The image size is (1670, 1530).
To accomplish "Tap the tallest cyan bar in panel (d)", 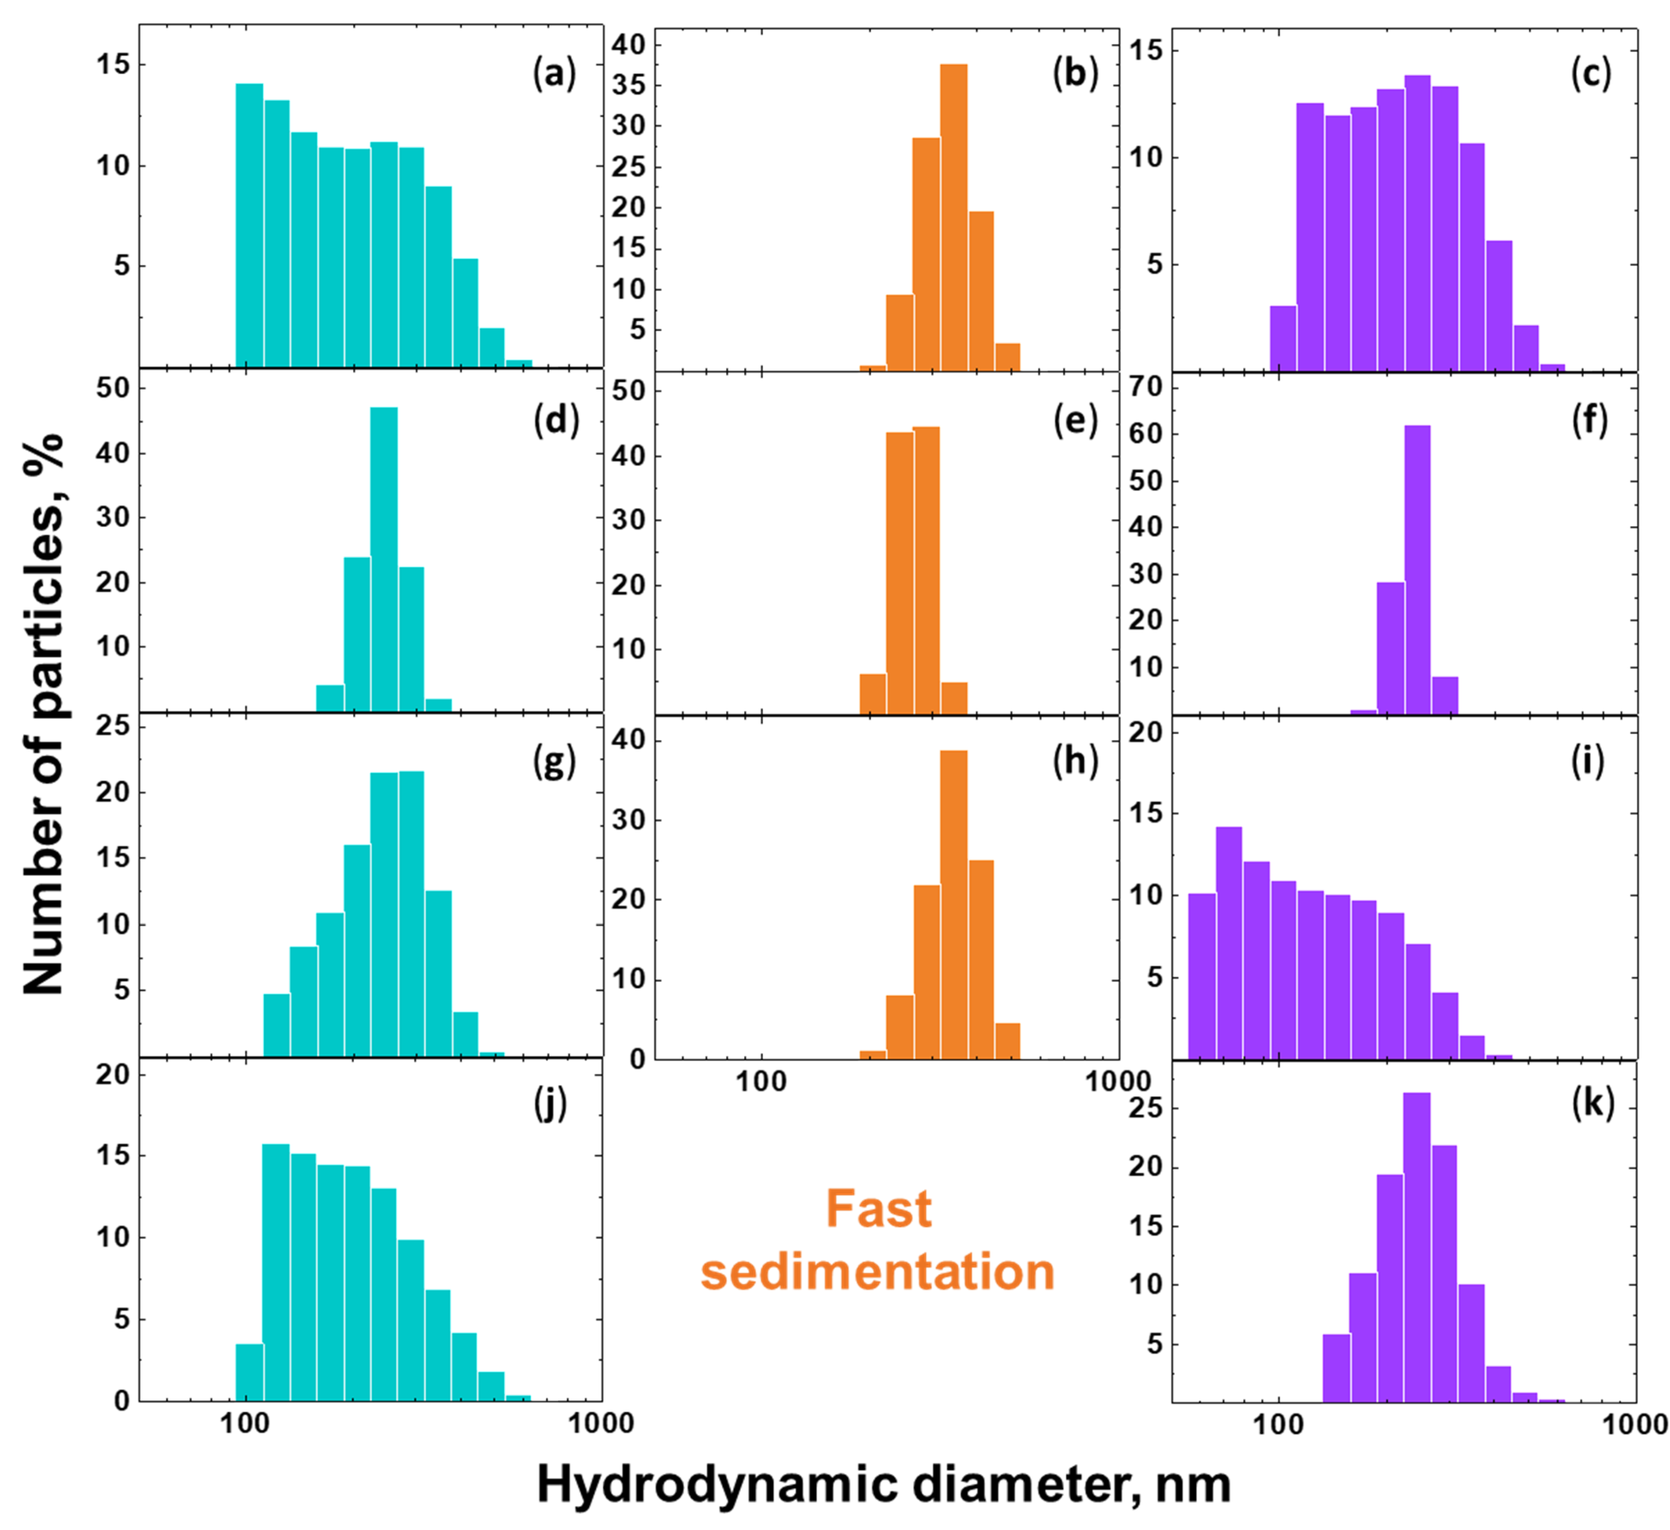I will (384, 559).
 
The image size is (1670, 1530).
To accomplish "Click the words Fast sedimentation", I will (878, 1240).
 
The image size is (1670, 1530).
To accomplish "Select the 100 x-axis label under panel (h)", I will (761, 1081).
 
